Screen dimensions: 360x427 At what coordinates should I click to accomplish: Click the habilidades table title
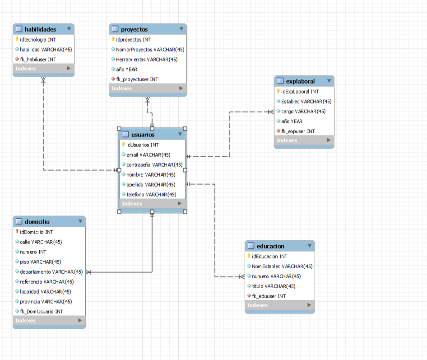pyautogui.click(x=40, y=29)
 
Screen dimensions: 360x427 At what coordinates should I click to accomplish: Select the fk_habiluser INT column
pyautogui.click(x=38, y=59)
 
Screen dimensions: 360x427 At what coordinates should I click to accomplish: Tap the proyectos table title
pyautogui.click(x=134, y=29)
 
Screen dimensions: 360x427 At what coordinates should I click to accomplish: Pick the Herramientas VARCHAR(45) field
pyautogui.click(x=147, y=59)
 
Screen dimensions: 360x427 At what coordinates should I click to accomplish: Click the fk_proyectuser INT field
pyautogui.click(x=137, y=79)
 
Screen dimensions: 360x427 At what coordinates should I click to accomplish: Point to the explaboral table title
pyautogui.click(x=300, y=81)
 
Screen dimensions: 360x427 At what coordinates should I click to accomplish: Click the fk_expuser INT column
pyautogui.click(x=298, y=131)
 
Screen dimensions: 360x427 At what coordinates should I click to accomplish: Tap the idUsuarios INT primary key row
pyautogui.click(x=143, y=145)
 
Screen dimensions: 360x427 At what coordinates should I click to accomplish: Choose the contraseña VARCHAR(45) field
pyautogui.click(x=154, y=165)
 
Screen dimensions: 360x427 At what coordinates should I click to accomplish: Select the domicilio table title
pyautogui.click(x=37, y=222)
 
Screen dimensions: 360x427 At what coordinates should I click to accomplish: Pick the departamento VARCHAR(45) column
pyautogui.click(x=51, y=271)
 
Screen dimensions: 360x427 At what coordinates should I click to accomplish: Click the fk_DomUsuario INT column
pyautogui.click(x=42, y=311)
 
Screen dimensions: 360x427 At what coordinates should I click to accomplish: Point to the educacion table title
pyautogui.click(x=270, y=246)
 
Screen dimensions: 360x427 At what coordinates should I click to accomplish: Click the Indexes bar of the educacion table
pyautogui.click(x=279, y=305)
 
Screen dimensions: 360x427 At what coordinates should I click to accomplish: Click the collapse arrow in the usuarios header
pyautogui.click(x=180, y=134)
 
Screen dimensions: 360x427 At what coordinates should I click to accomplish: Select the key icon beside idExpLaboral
pyautogui.click(x=278, y=91)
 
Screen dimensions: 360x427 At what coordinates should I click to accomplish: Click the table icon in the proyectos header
pyautogui.click(x=115, y=29)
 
